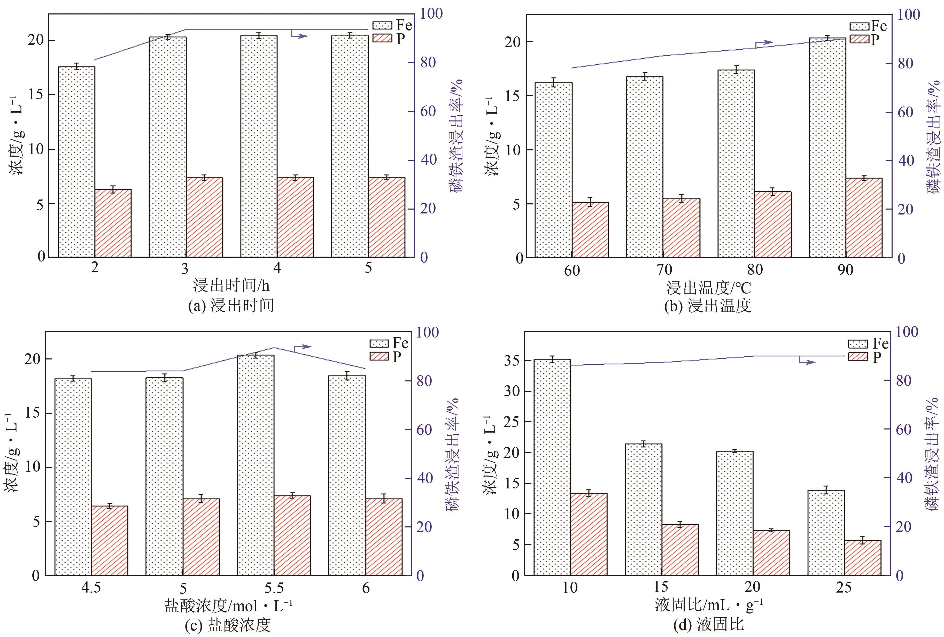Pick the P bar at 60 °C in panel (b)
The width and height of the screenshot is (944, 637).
590,230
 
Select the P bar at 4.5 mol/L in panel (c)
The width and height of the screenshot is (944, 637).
110,540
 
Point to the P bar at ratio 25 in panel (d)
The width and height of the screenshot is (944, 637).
863,557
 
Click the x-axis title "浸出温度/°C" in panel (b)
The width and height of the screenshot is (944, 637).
708,288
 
